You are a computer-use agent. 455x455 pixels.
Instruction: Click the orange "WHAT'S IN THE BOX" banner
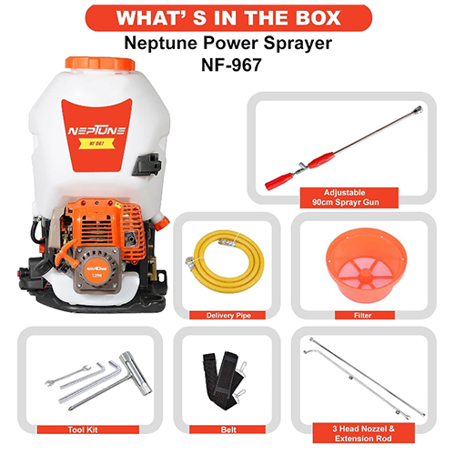[227, 17]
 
